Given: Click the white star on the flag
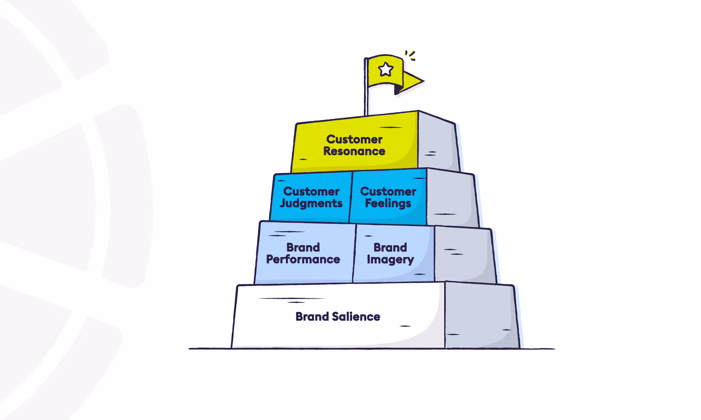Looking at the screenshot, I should click(385, 69).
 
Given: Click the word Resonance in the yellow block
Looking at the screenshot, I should click(354, 151).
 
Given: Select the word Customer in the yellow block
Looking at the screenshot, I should click(354, 139).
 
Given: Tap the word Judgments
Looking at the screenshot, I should click(311, 203).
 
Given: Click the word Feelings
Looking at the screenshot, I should click(388, 203).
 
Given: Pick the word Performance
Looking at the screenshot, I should click(303, 260).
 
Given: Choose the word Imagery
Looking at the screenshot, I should click(390, 260).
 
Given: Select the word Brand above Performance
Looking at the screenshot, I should click(303, 247).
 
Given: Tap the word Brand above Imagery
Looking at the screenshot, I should click(390, 247).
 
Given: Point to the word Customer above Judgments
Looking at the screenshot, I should click(311, 191).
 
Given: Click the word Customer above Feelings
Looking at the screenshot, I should click(388, 191).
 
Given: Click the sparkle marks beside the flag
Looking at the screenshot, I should click(411, 55).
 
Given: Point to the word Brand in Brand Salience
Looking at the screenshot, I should click(312, 317).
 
